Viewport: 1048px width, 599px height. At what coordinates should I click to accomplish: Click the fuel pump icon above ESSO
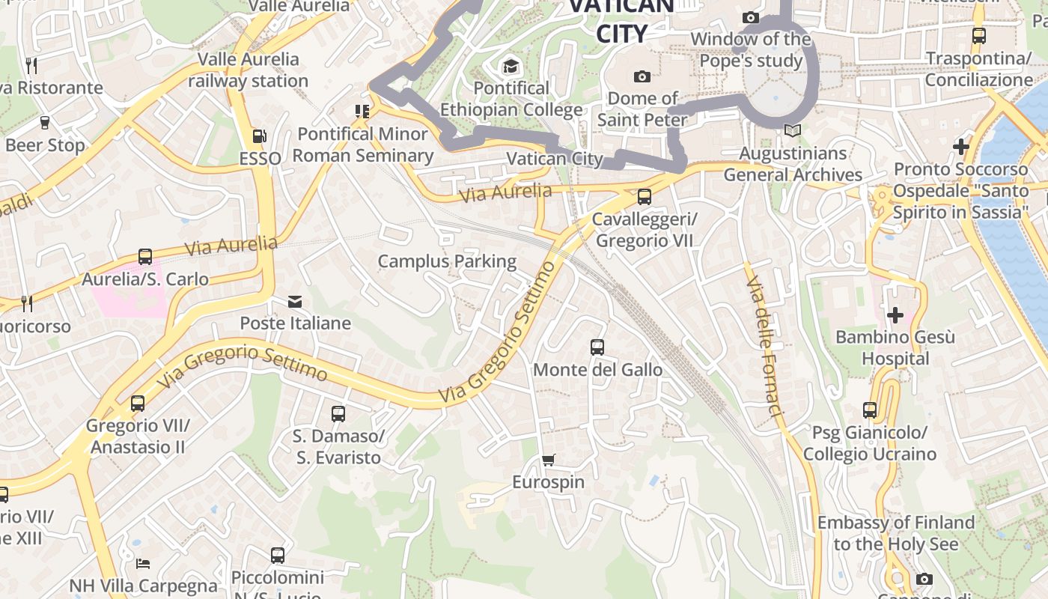[x=260, y=136]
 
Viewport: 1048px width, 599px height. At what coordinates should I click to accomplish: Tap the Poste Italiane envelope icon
[x=295, y=301]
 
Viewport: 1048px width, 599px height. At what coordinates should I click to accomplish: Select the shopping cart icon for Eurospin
[x=549, y=460]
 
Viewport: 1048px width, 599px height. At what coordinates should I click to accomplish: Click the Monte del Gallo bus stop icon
[x=597, y=347]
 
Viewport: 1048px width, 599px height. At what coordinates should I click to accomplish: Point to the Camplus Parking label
[x=447, y=261]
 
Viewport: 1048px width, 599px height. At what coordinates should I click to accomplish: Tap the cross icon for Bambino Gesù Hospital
[x=895, y=315]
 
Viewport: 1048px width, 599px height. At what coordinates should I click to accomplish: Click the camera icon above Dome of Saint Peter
[x=642, y=76]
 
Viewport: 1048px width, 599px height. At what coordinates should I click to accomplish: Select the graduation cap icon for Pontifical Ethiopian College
[x=511, y=66]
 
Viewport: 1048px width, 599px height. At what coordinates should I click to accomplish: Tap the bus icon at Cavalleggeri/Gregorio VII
[x=644, y=197]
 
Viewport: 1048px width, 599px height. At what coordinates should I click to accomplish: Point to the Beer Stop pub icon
[x=44, y=123]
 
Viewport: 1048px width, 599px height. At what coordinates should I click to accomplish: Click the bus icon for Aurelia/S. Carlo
[x=145, y=257]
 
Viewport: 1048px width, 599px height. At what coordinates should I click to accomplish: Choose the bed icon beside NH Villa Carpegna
[x=143, y=563]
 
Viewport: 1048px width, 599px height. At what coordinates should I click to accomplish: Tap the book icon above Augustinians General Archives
[x=792, y=131]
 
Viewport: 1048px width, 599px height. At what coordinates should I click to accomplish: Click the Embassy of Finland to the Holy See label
[x=895, y=533]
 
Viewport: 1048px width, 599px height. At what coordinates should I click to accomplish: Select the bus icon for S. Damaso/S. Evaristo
[x=338, y=413]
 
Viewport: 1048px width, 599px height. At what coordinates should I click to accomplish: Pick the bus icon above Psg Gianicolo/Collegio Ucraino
[x=869, y=410]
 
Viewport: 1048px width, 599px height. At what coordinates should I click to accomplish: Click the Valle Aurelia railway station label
[x=248, y=70]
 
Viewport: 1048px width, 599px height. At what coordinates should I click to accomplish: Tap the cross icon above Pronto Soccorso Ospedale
[x=961, y=147]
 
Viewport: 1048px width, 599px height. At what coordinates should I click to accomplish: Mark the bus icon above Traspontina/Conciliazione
[x=978, y=35]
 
